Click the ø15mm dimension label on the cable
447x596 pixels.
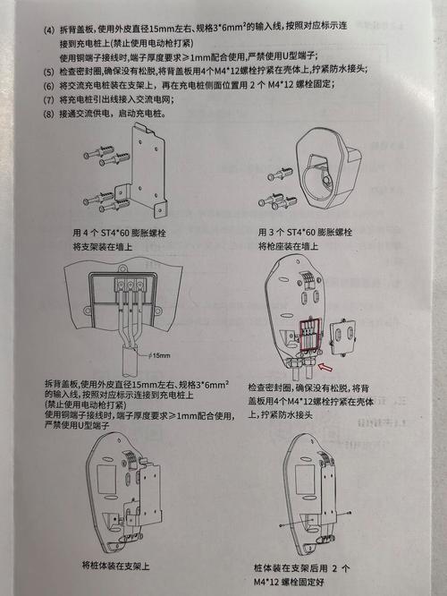click(161, 355)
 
